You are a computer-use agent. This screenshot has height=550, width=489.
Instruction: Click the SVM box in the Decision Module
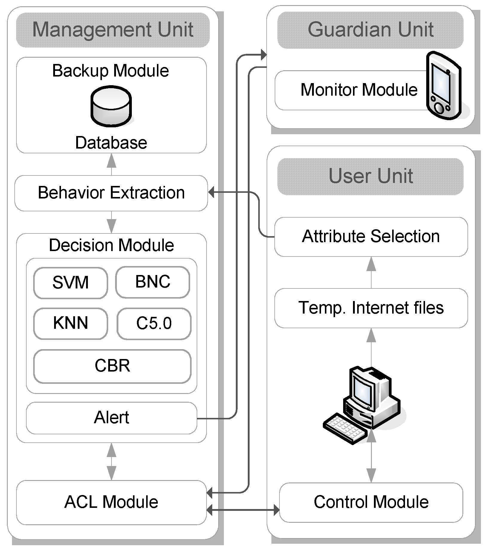click(71, 283)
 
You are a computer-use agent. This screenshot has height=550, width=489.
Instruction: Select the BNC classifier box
click(153, 282)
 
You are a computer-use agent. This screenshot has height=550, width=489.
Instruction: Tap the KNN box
click(71, 324)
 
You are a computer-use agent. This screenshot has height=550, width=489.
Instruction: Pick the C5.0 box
click(154, 324)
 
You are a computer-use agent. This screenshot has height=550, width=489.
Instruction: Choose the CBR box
click(112, 366)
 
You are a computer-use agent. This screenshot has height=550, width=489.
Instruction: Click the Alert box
click(111, 418)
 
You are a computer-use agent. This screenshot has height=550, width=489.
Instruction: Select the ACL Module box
click(111, 502)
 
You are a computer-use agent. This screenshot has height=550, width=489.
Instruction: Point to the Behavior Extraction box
click(111, 193)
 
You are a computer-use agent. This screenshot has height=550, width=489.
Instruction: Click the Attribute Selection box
click(371, 237)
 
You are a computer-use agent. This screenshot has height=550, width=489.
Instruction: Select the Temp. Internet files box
click(371, 308)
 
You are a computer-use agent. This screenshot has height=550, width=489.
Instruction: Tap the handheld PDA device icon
click(444, 85)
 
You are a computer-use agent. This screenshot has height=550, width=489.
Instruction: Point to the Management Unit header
click(113, 30)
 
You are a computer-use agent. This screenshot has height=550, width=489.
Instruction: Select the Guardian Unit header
click(370, 30)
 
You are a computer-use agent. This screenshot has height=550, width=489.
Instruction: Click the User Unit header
click(370, 176)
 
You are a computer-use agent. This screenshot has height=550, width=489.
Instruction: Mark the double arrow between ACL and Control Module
click(243, 510)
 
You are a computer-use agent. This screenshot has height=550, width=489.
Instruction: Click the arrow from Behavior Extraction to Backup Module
click(111, 164)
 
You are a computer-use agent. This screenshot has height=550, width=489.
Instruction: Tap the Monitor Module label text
click(359, 90)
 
